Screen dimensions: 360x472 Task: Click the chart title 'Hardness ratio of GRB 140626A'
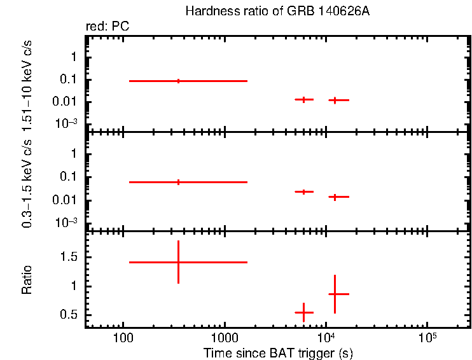277,11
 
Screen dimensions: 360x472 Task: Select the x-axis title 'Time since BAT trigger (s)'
277,352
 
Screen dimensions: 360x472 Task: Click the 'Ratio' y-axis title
27,280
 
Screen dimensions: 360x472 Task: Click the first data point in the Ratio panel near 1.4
178,262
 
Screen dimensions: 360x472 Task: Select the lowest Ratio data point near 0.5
304,312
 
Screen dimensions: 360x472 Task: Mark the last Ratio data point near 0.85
335,294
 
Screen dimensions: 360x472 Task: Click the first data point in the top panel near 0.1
178,81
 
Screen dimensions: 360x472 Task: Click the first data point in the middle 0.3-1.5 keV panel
178,182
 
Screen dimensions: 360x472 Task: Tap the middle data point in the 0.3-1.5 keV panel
304,191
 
